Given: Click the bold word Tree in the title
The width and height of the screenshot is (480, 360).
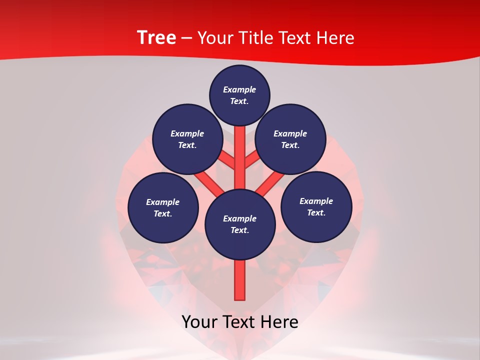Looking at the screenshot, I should (x=156, y=38).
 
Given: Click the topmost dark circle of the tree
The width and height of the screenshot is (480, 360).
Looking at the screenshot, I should (x=239, y=95).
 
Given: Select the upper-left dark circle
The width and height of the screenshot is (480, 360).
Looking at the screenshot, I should (x=187, y=139).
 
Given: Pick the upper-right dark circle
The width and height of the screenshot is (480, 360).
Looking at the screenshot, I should (x=290, y=139).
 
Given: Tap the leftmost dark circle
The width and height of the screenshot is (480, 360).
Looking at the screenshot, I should (x=163, y=207).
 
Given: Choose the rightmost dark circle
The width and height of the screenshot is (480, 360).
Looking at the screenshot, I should (x=316, y=206).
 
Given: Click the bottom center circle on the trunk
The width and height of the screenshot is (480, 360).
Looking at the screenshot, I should (x=240, y=224).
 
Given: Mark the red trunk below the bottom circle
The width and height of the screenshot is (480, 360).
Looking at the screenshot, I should (x=240, y=280).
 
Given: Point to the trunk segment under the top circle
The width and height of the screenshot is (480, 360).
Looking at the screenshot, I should (x=240, y=150).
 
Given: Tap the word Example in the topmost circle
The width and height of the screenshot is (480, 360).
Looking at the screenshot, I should (x=239, y=89).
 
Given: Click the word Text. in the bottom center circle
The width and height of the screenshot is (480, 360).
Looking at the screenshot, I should (x=239, y=230).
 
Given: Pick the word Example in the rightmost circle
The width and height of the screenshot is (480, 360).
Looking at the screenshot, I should (x=316, y=201).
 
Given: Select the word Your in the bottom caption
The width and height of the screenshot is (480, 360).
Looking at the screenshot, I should (x=200, y=322).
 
